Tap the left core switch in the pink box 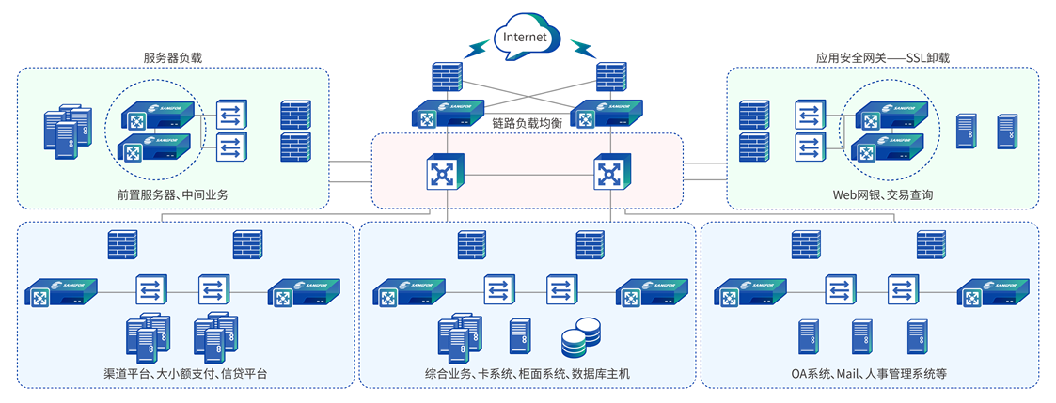(441, 173)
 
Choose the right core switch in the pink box (608, 173)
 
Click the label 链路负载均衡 (527, 123)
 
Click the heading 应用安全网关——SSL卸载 (882, 57)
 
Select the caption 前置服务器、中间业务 (173, 195)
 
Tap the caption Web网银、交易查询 (882, 195)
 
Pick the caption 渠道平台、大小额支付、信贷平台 (185, 374)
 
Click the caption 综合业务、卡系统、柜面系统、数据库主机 (527, 374)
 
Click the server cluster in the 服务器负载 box (68, 129)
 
